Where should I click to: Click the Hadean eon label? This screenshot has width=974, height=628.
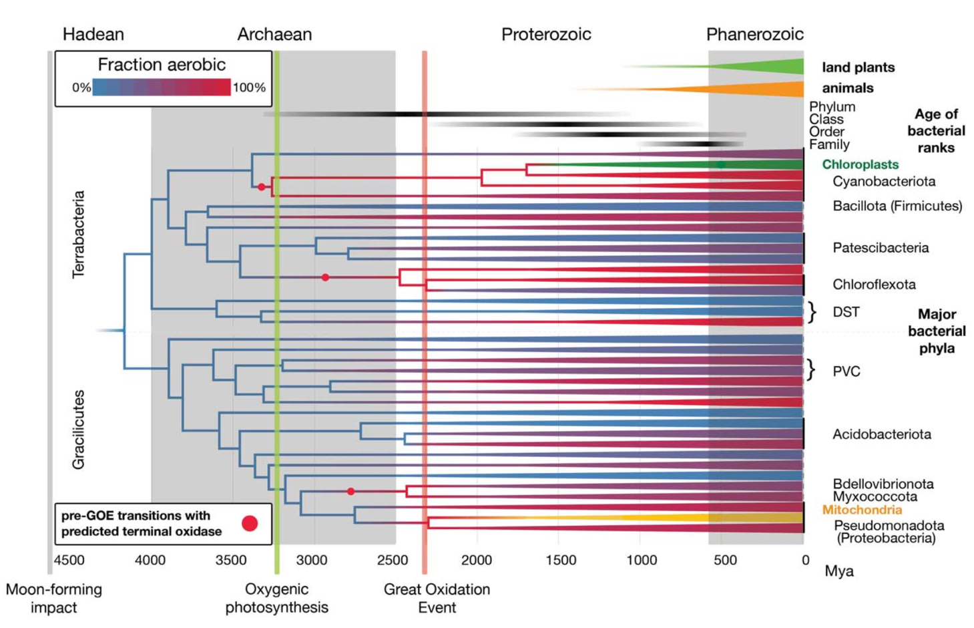[x=93, y=34]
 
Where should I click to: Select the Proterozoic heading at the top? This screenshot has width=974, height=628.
[x=545, y=34]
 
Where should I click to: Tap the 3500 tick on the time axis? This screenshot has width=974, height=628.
[x=231, y=560]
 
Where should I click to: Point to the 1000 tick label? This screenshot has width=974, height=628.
[x=641, y=560]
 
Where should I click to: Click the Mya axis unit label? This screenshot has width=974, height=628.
[x=838, y=571]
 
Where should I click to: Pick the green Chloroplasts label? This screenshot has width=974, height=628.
[x=860, y=164]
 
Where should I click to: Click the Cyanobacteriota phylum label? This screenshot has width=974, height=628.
[x=883, y=181]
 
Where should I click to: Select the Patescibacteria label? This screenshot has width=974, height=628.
[x=880, y=248]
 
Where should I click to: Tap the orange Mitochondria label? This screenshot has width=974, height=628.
[x=862, y=510]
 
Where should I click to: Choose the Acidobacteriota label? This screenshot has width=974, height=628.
[x=881, y=434]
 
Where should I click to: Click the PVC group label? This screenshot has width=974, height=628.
[x=846, y=371]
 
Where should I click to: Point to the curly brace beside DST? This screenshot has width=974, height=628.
[x=812, y=312]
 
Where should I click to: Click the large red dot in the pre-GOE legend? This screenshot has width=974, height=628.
[x=250, y=524]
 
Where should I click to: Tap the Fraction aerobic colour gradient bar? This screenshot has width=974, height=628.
[x=161, y=88]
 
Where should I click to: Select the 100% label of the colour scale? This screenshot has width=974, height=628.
[x=249, y=88]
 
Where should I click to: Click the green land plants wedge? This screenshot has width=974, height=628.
[x=768, y=67]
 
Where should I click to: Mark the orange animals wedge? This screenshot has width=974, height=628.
[x=768, y=89]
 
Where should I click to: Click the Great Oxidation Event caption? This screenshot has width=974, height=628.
[x=437, y=598]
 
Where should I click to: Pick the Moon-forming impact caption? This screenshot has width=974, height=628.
[x=53, y=598]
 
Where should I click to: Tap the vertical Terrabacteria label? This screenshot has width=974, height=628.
[x=79, y=234]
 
